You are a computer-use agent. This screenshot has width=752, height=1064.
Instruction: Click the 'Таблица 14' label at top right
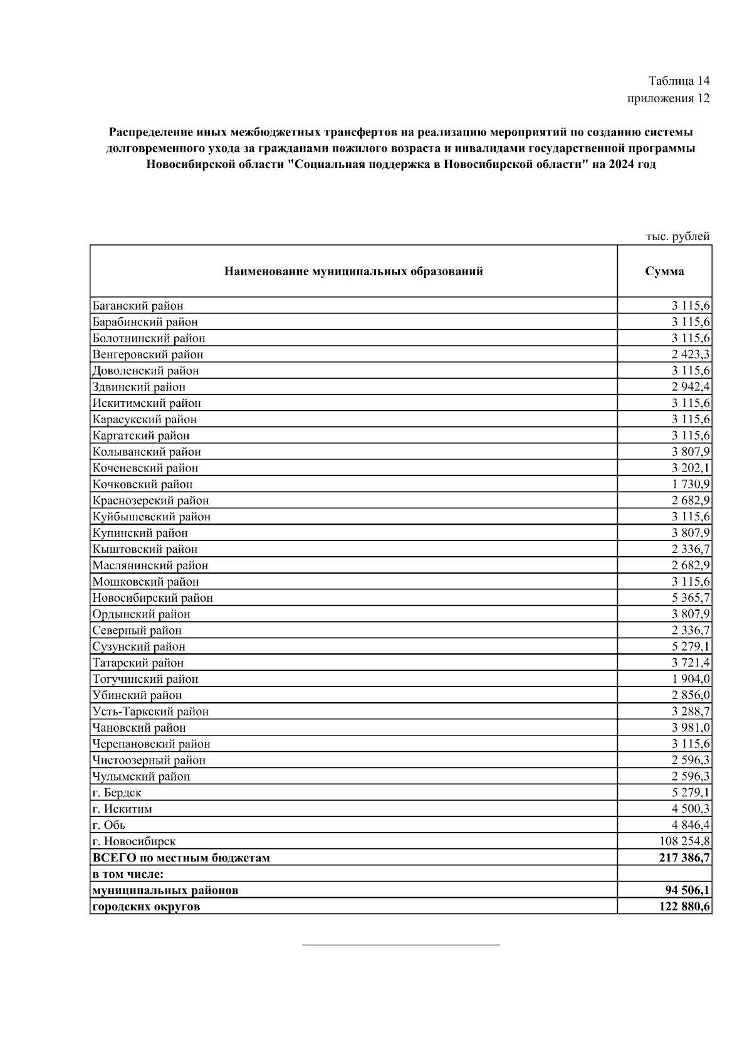point(679,81)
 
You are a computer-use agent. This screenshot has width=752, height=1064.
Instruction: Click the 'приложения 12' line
point(668,98)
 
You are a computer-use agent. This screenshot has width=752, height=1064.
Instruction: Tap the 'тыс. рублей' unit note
point(677,237)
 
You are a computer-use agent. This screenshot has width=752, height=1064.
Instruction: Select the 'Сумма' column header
point(664,271)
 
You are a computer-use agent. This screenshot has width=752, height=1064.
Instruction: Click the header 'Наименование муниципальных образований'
point(353,271)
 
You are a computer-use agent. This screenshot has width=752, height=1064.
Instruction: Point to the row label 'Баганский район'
point(138,306)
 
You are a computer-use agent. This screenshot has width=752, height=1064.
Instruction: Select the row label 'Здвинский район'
point(139,387)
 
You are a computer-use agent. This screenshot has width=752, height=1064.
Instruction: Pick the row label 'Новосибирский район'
point(152,598)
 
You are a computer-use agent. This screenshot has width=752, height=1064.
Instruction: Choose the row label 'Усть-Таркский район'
point(150,712)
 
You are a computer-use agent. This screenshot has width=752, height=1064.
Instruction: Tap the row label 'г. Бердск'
point(117,793)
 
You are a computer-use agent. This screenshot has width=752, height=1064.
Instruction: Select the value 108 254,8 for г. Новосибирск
point(685,841)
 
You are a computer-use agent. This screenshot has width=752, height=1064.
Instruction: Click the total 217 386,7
point(685,858)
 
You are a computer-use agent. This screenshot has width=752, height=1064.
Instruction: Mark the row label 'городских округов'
point(146,907)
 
